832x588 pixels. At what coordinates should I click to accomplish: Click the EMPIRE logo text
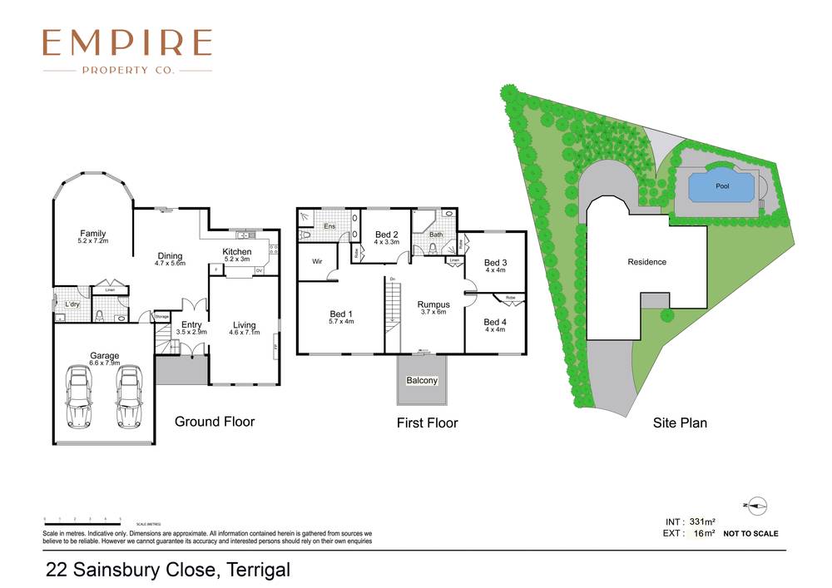point(127,42)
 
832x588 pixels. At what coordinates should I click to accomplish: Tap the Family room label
point(92,234)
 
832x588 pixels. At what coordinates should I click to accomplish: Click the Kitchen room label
point(236,252)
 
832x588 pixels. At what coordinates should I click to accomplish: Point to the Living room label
point(244,325)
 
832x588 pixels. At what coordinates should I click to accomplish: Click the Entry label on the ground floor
point(191,325)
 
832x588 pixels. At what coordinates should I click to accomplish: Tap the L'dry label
point(72,304)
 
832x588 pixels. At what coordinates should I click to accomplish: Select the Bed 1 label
point(341,314)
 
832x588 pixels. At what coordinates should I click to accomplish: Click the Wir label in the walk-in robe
point(317,261)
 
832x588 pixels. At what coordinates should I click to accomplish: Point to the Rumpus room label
point(433,305)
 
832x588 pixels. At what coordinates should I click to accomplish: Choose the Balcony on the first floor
point(422,381)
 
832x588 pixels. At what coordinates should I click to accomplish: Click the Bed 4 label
point(494,322)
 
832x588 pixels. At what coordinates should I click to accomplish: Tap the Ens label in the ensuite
point(329,225)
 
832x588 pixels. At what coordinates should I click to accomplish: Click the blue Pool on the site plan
point(721,187)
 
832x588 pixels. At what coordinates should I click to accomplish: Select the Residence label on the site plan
point(646,262)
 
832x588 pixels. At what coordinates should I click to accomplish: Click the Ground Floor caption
point(215,422)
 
